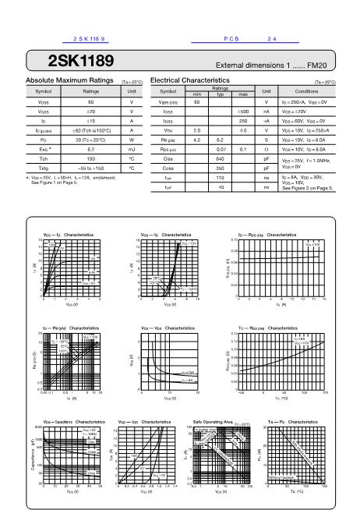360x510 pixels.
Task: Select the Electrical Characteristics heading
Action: pos(190,80)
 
